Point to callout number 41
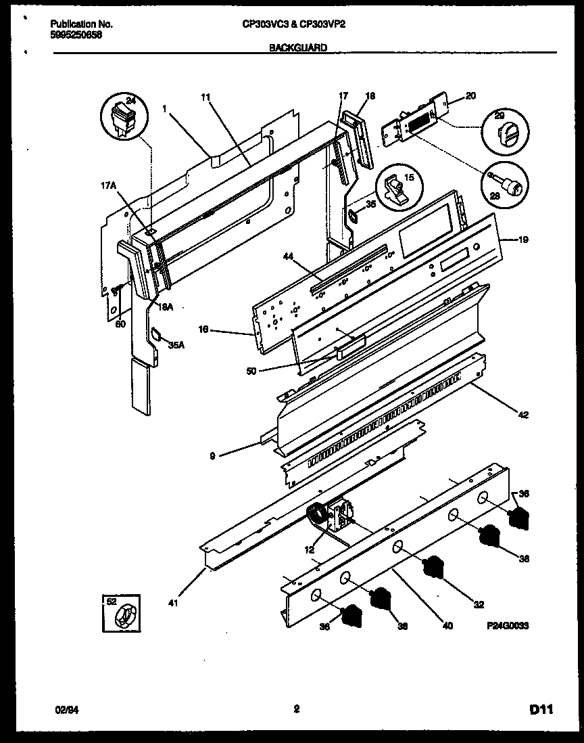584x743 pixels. (174, 603)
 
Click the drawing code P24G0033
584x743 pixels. (507, 627)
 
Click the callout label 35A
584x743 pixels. (176, 344)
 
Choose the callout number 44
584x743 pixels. (288, 256)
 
